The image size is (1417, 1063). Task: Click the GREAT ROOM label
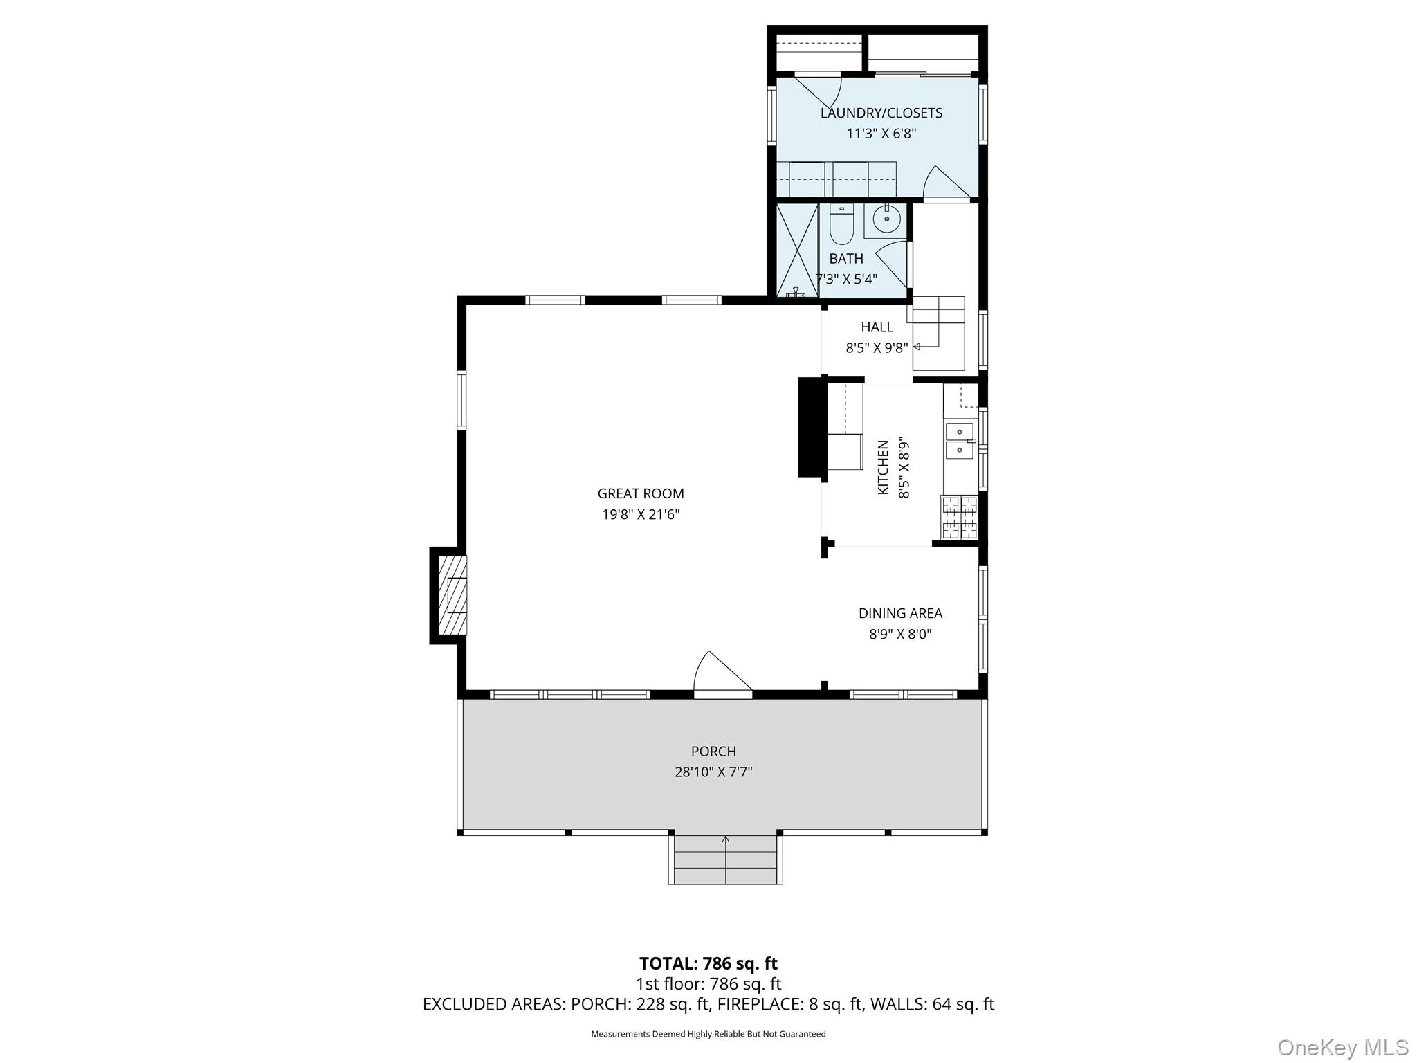640,493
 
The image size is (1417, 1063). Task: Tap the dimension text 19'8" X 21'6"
640,514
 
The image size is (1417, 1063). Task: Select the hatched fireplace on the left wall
451,595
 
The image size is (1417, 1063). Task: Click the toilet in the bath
841,227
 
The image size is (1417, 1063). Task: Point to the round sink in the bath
886,219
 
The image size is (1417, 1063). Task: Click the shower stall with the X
797,251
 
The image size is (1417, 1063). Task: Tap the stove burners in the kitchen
960,518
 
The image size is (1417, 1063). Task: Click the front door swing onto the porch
721,673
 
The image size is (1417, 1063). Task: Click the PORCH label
713,751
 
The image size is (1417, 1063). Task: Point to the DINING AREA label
900,613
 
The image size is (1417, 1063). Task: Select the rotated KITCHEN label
883,467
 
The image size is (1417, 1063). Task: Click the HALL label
877,327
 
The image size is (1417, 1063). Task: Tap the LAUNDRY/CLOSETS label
881,113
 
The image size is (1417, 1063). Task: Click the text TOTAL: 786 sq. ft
708,963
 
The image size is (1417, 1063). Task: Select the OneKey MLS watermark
1342,1048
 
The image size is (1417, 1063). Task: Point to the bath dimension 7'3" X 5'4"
846,279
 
